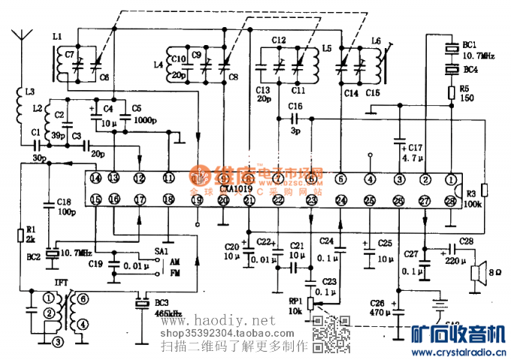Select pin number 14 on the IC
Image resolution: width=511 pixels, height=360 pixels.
click(x=95, y=178)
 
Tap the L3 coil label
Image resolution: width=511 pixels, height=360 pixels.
click(x=29, y=92)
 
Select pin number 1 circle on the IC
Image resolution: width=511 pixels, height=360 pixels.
click(x=451, y=178)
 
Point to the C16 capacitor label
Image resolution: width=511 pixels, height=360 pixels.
click(x=295, y=106)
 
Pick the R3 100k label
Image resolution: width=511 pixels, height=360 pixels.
click(x=472, y=198)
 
